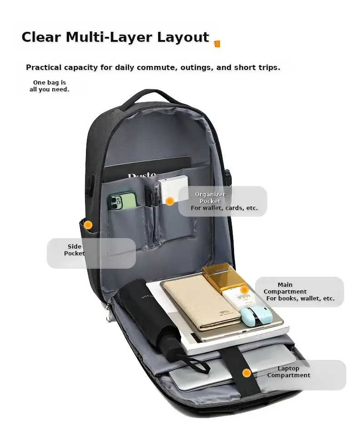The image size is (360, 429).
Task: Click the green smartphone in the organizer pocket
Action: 122,201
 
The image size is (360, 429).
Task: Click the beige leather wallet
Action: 202,303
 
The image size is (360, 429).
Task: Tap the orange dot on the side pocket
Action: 88,225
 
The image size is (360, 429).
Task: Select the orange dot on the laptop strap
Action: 246,373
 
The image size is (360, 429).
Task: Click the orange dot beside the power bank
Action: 170,201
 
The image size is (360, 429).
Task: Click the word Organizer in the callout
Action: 210,194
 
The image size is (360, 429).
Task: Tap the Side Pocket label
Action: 74,250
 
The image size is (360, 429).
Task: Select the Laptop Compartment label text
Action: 289,372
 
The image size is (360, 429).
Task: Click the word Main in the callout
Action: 285,284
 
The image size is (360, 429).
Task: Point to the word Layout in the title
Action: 183,37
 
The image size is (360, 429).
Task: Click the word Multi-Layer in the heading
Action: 109,37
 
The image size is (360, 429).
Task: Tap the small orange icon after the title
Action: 217,44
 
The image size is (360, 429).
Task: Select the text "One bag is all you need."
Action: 49,86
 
